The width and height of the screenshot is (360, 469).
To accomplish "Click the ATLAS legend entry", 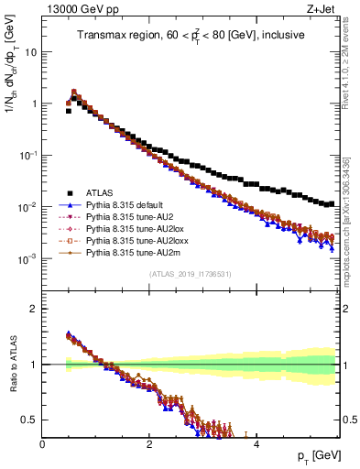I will (x=100, y=192).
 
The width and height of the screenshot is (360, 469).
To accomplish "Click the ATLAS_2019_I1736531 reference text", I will (x=190, y=274).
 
